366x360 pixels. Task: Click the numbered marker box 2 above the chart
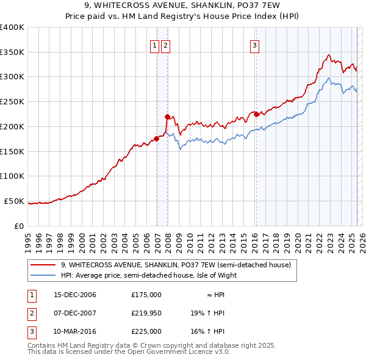tap(166, 45)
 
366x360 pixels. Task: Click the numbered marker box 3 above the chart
tap(254, 45)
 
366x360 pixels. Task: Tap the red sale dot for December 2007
tap(167, 116)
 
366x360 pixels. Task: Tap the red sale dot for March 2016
tap(256, 113)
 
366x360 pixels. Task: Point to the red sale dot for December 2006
tap(157, 139)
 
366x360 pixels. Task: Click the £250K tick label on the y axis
tap(12, 102)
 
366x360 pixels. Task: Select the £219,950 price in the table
tap(146, 313)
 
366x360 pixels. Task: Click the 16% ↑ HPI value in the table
tap(207, 331)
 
